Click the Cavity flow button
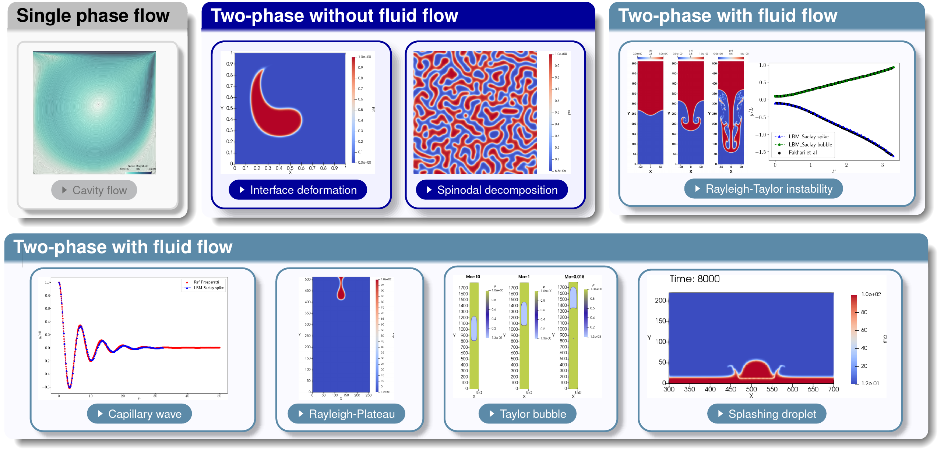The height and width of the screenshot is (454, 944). point(94,190)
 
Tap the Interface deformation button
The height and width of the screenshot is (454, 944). point(298,190)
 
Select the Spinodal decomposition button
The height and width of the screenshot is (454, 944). point(492,190)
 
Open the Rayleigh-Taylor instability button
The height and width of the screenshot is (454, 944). point(764,189)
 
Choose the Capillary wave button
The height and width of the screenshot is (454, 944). point(140,414)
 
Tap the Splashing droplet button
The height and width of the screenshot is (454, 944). point(767,414)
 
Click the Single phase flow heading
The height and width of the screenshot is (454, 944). point(93,16)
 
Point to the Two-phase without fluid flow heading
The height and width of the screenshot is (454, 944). point(334,16)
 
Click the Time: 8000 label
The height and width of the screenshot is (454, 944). point(694,279)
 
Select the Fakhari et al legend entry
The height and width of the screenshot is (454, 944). point(802,153)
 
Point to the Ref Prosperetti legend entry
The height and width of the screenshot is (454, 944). point(206,282)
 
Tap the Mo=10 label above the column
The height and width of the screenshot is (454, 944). point(473,277)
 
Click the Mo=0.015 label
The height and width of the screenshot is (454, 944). point(574,277)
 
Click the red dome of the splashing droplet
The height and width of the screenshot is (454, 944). point(755,369)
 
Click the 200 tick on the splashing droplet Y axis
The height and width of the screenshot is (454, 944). point(660,301)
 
